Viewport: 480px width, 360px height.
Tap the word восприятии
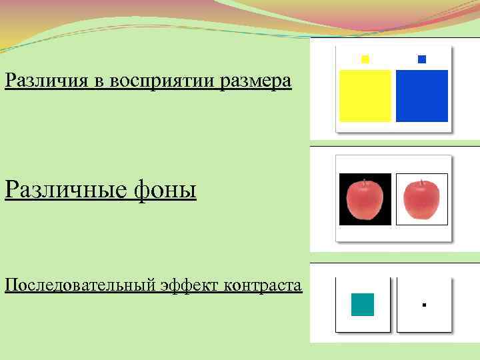pos(143,81)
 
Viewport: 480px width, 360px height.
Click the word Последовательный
pos(80,285)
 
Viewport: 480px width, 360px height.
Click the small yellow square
pos(365,59)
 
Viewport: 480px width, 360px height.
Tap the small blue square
pos(421,59)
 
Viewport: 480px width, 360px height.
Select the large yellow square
pos(365,96)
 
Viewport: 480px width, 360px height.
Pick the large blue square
pos(421,96)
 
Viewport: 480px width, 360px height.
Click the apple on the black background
pos(365,201)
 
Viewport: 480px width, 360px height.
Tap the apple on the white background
pos(421,200)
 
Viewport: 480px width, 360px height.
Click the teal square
pos(363,305)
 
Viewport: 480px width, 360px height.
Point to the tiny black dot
pos(424,305)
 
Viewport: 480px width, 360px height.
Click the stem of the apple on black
pos(365,181)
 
